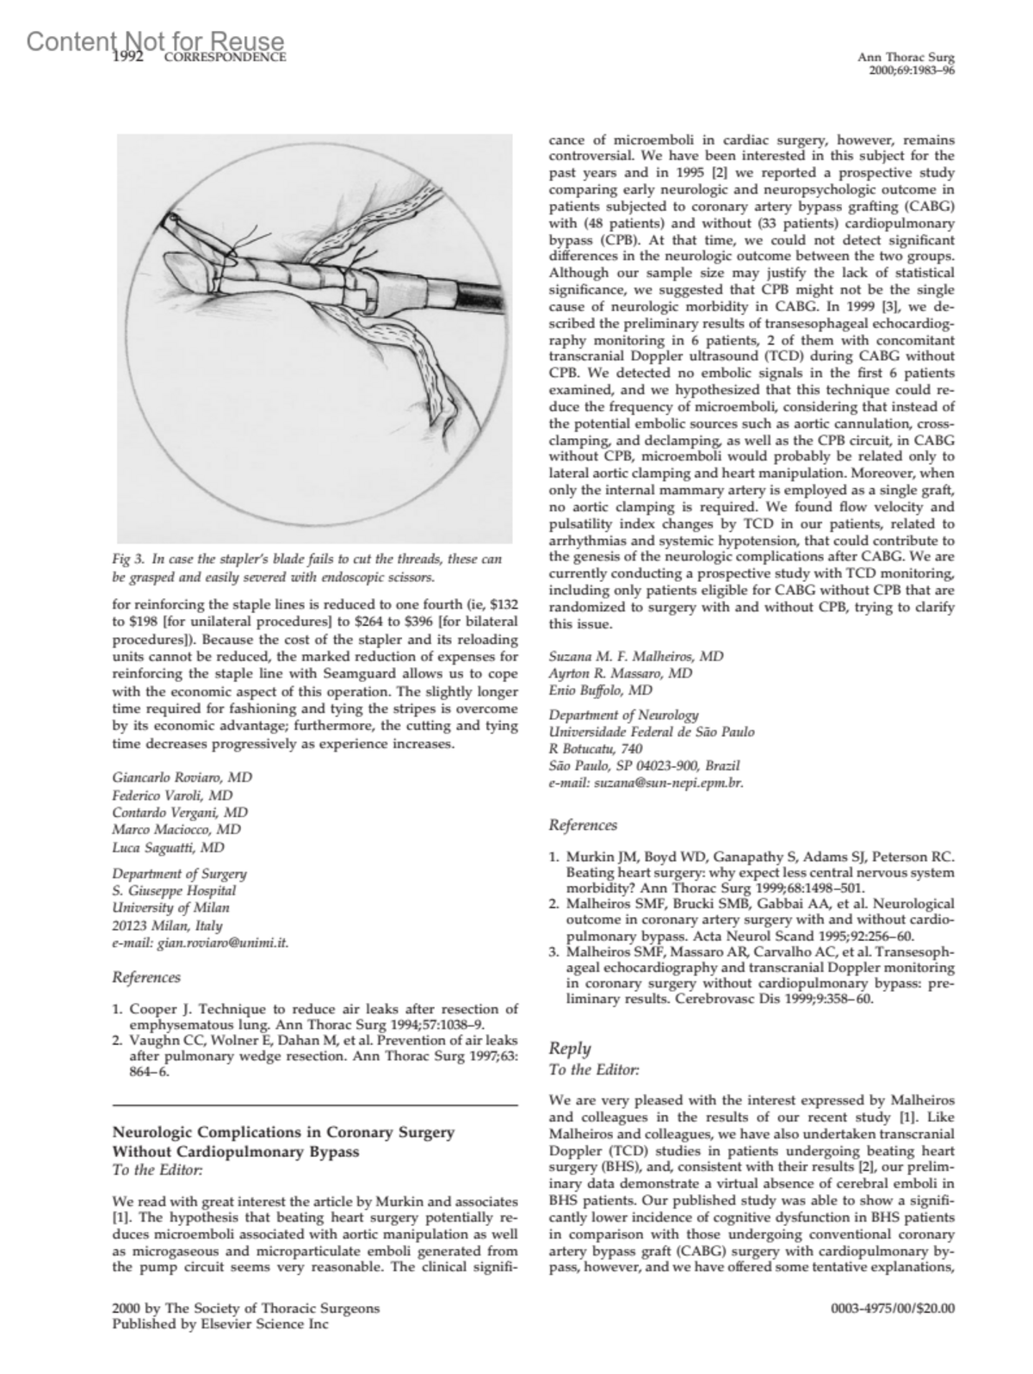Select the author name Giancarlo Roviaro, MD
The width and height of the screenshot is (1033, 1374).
pyautogui.click(x=182, y=777)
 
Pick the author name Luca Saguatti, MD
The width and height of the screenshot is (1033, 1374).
pyautogui.click(x=169, y=847)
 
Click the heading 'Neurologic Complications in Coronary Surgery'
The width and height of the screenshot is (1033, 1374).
pyautogui.click(x=283, y=1132)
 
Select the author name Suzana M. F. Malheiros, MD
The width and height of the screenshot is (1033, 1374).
pyautogui.click(x=636, y=656)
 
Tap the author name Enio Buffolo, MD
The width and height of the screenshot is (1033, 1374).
pyautogui.click(x=601, y=690)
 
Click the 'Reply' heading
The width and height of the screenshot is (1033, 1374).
pyautogui.click(x=570, y=1048)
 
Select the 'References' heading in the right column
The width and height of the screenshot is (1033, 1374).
pyautogui.click(x=583, y=826)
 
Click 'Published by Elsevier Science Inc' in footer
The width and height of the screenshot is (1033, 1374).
pyautogui.click(x=220, y=1325)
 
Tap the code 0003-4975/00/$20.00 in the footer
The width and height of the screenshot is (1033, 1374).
pyautogui.click(x=892, y=1309)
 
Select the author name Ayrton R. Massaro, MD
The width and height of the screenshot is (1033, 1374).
pyautogui.click(x=621, y=673)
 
